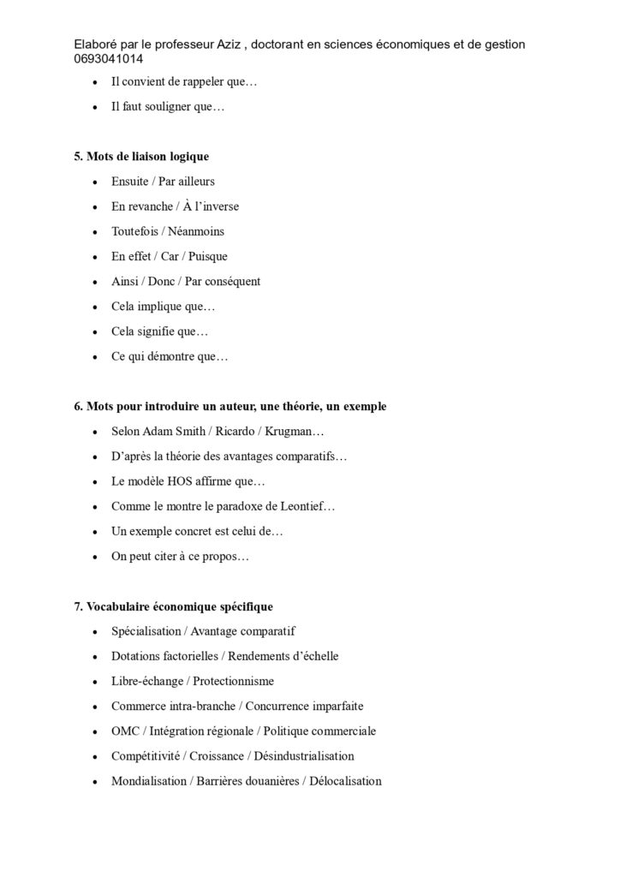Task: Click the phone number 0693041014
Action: click(109, 59)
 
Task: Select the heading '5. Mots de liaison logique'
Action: click(141, 157)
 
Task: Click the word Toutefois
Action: click(136, 231)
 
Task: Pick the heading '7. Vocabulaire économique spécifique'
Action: click(174, 607)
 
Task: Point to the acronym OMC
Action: click(125, 731)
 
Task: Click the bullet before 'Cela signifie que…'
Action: click(93, 331)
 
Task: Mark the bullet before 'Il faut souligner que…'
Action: click(93, 108)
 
